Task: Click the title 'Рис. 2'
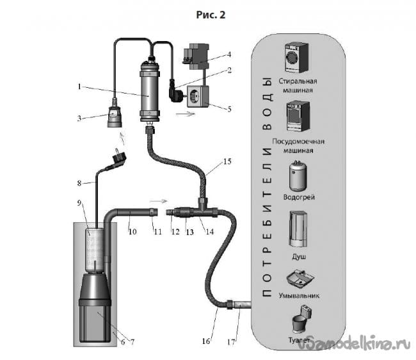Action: (x=211, y=15)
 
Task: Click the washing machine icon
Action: (x=296, y=58)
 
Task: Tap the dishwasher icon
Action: (x=298, y=117)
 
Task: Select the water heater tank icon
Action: (x=298, y=176)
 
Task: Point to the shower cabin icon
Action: (x=298, y=229)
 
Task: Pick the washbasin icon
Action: (x=300, y=279)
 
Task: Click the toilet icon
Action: (x=301, y=320)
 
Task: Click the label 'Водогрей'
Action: (x=299, y=197)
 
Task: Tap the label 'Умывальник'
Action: (x=299, y=295)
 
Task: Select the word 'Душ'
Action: (x=299, y=257)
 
